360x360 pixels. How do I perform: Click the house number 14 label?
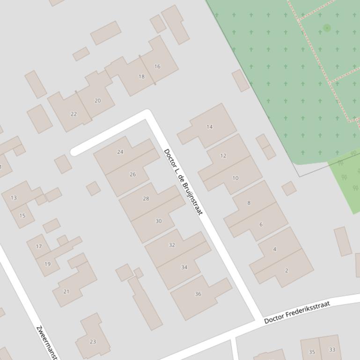(x=209, y=127)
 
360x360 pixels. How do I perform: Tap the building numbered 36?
(x=198, y=294)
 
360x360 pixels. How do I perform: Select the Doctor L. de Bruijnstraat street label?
(x=183, y=182)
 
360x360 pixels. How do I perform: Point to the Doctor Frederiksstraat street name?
(x=297, y=312)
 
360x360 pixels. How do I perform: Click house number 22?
(x=73, y=114)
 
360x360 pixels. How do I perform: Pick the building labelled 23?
(x=93, y=342)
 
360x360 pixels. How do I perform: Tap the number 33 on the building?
(x=332, y=350)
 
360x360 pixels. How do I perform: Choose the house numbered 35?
(x=312, y=352)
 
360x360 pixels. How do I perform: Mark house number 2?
(x=287, y=270)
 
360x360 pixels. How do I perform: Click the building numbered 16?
(x=157, y=66)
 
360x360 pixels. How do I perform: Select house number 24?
(x=120, y=152)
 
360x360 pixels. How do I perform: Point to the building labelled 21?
(x=66, y=292)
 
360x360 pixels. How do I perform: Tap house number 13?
(x=14, y=198)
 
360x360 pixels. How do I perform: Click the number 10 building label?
(x=235, y=178)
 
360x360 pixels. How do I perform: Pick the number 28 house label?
(x=146, y=199)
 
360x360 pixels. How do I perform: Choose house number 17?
(x=38, y=246)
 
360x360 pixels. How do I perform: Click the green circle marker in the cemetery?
(x=327, y=28)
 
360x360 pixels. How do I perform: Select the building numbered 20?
(x=97, y=101)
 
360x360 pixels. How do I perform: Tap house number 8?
(x=249, y=203)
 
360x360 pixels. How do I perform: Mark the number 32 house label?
(x=172, y=245)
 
